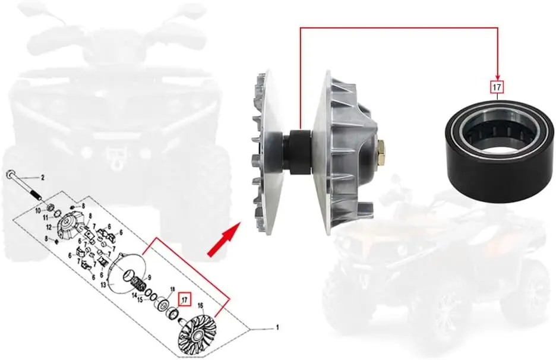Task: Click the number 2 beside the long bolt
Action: pos(42,178)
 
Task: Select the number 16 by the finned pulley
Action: pos(201,306)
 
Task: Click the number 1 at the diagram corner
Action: pos(277,327)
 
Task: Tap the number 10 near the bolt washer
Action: pos(37,211)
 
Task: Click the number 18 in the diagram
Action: pos(173,289)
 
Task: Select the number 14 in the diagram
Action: pos(135,295)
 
